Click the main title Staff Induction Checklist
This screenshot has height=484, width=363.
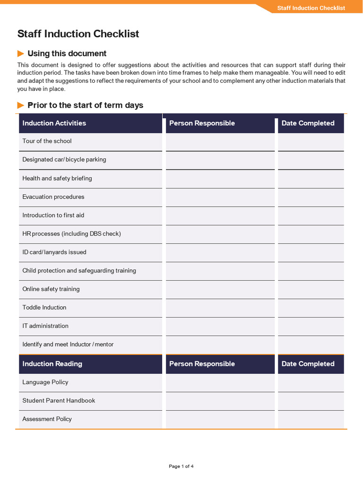point(78,34)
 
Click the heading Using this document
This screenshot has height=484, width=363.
point(67,53)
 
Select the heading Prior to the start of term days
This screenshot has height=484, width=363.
point(85,105)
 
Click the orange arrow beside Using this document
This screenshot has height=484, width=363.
point(21,53)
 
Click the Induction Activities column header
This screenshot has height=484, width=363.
point(54,123)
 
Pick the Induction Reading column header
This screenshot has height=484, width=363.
point(52,364)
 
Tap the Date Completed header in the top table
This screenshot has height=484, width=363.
point(308,123)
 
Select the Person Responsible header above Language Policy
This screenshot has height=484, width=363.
point(202,364)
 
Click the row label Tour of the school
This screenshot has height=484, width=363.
point(47,141)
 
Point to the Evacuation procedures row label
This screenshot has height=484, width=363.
point(53,197)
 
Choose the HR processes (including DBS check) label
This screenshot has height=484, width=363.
point(71,234)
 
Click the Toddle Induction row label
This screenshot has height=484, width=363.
point(44,308)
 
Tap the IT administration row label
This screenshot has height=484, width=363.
point(45,326)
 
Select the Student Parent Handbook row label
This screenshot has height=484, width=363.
point(59,401)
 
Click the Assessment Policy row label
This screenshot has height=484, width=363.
point(47,419)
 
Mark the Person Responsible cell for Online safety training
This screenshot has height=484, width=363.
point(220,289)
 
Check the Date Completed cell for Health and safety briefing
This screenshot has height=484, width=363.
point(311,179)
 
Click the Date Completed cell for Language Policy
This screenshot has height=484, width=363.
point(311,382)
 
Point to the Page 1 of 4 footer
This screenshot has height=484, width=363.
point(181,467)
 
